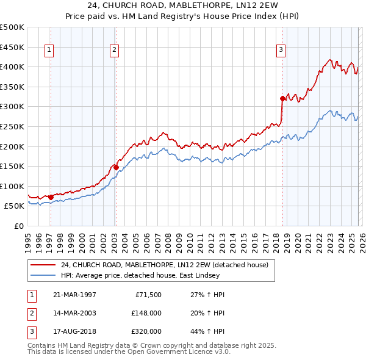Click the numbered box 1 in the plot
pos(49,51)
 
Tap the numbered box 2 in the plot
pos(114,51)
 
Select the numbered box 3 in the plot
pos(281,51)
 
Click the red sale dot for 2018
pos(282,98)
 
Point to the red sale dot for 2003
pos(115,167)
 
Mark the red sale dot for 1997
pos(51,197)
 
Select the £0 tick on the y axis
pos(20,226)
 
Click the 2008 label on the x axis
pos(168,240)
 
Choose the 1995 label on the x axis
pos(28,240)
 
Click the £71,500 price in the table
pos(148,295)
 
